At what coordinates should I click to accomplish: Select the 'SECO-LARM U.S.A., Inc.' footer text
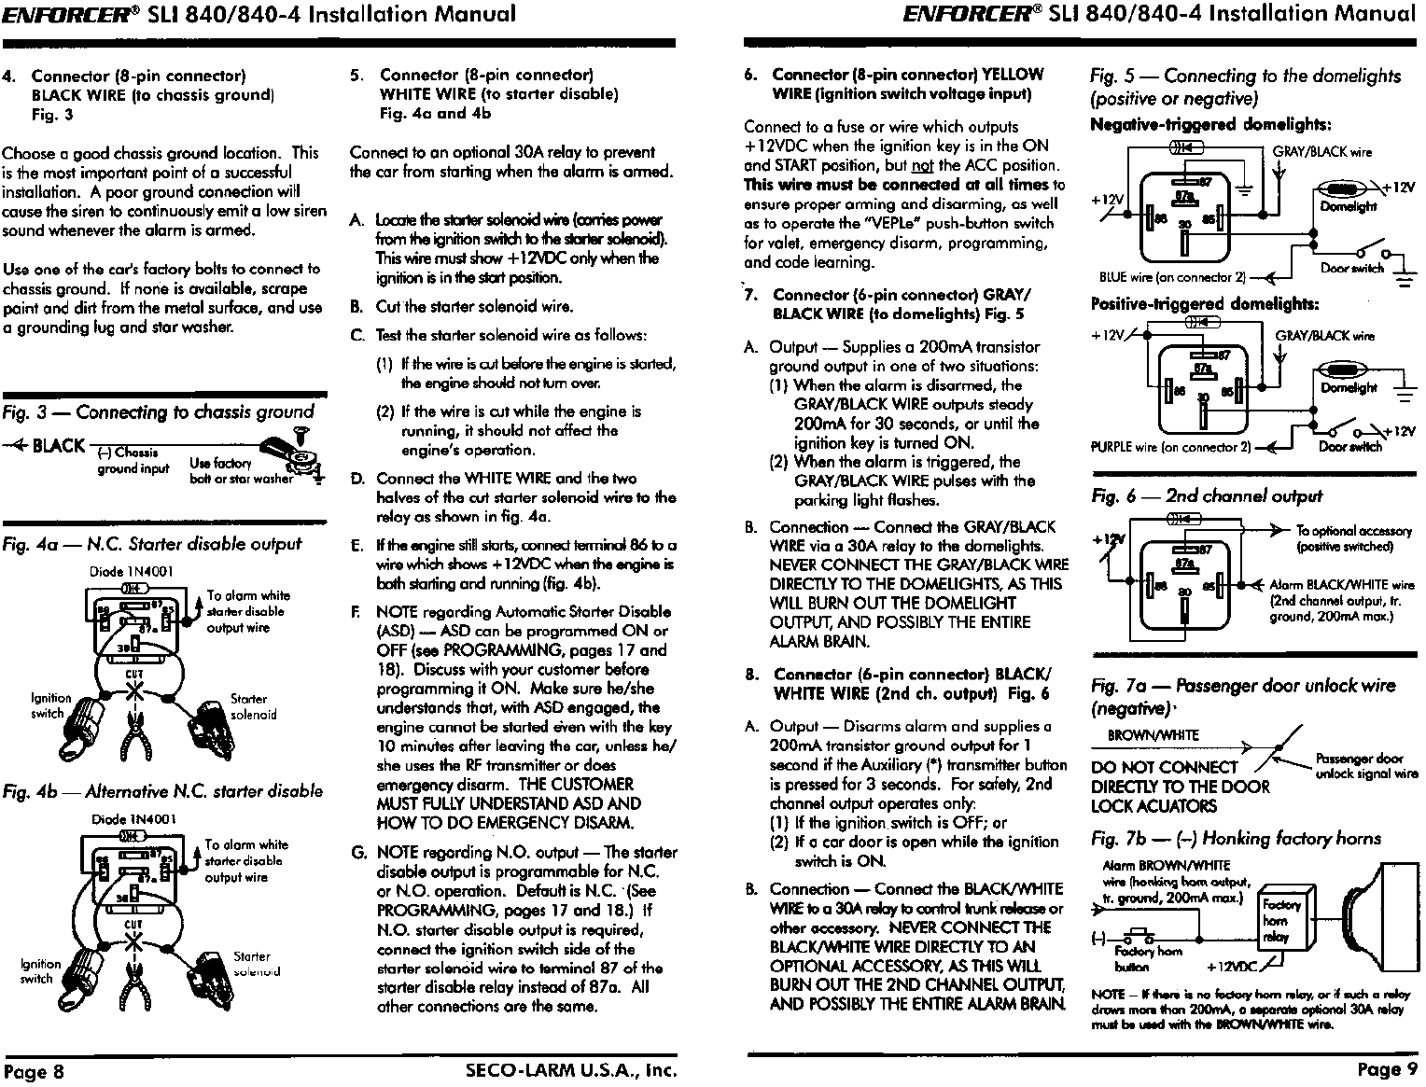pyautogui.click(x=569, y=1069)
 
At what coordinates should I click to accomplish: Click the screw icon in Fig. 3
pyautogui.click(x=301, y=433)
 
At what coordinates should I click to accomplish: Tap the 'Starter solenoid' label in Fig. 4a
pyautogui.click(x=253, y=706)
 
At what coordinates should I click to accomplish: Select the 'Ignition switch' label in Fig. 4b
pyautogui.click(x=40, y=971)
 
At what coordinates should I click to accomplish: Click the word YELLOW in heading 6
pyautogui.click(x=1014, y=75)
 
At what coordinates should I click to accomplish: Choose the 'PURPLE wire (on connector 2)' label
pyautogui.click(x=1170, y=447)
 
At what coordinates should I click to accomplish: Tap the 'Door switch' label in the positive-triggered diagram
pyautogui.click(x=1350, y=447)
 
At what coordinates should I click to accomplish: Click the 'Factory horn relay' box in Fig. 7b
pyautogui.click(x=1275, y=921)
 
